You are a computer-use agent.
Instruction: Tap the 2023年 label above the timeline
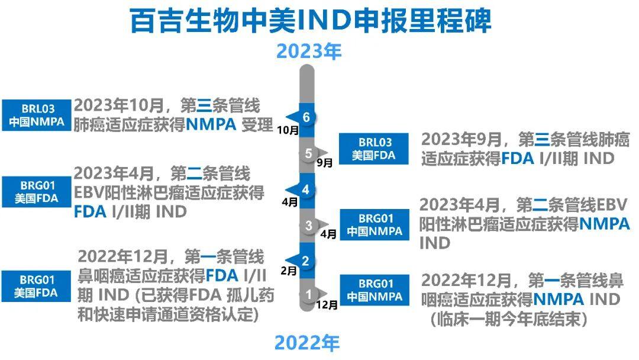(308, 52)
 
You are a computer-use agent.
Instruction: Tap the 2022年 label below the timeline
(307, 342)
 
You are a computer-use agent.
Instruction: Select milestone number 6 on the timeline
(306, 117)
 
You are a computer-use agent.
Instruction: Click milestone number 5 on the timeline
(308, 153)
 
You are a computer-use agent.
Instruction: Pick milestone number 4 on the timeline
(306, 189)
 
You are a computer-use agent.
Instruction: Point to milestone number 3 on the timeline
(308, 226)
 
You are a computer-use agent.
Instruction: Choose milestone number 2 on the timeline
(306, 261)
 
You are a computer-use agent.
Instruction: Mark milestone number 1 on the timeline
(308, 294)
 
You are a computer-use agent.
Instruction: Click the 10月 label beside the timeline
(288, 130)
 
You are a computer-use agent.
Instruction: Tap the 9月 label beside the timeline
(325, 163)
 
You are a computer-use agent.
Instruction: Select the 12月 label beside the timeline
(327, 304)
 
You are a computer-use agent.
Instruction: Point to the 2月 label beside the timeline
(289, 271)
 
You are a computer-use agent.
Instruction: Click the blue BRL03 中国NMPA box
(36, 115)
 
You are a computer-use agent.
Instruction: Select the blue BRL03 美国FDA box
(374, 149)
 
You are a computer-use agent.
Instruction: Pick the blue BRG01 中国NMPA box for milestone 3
(375, 224)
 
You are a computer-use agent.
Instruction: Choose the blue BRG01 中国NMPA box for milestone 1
(375, 290)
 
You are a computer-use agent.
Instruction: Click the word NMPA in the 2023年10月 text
(211, 124)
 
